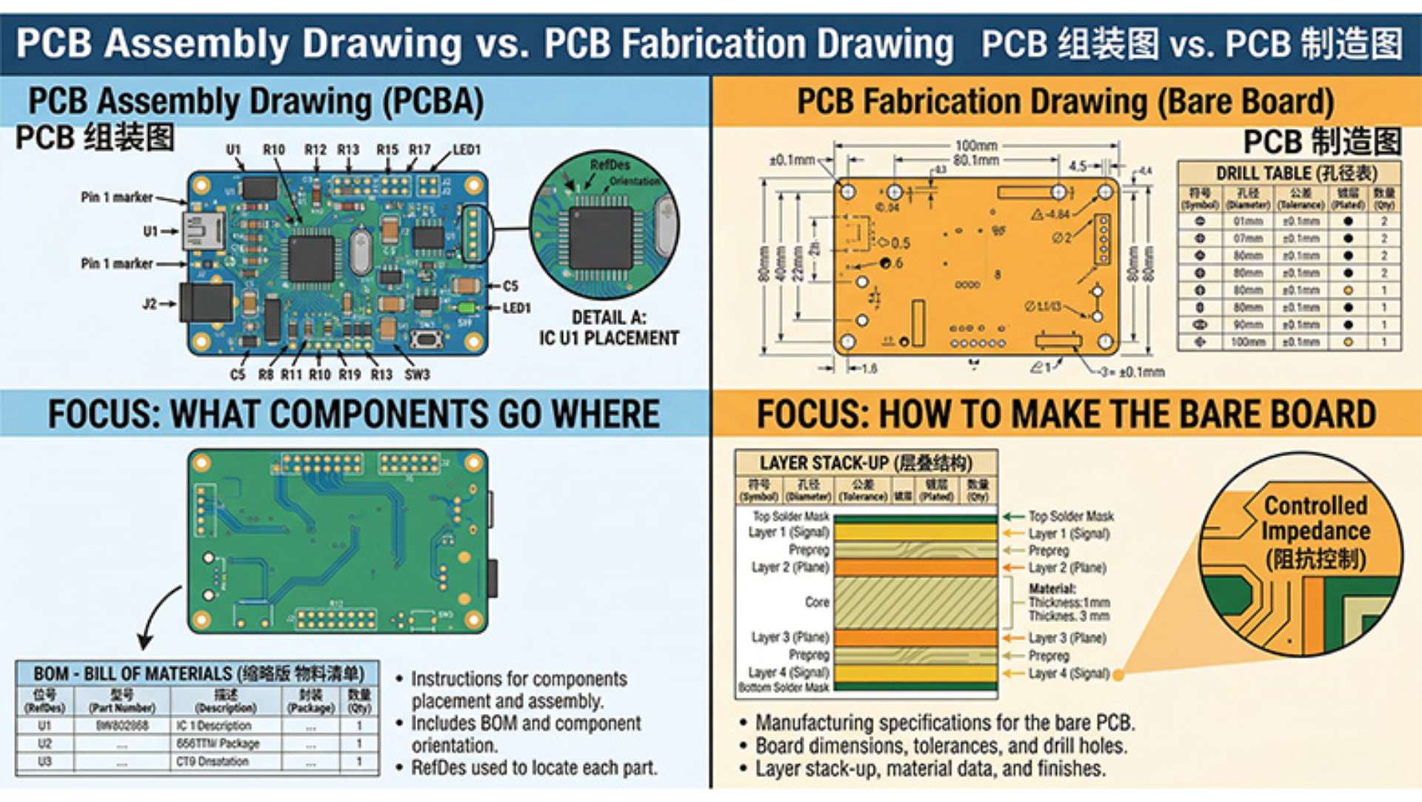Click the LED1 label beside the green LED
tap(516, 308)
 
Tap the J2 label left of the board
tap(150, 304)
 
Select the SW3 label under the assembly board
tap(417, 375)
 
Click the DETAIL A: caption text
tap(609, 318)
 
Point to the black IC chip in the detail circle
tap(601, 238)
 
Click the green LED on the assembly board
tap(467, 308)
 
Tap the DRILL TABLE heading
tap(1296, 173)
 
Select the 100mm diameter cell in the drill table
tap(1248, 342)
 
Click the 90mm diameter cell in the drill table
tap(1248, 325)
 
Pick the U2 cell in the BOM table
tap(44, 743)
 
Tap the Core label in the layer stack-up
tap(817, 602)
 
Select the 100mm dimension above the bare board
tap(975, 146)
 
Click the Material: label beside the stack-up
tap(1052, 589)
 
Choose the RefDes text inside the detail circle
tap(610, 164)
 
